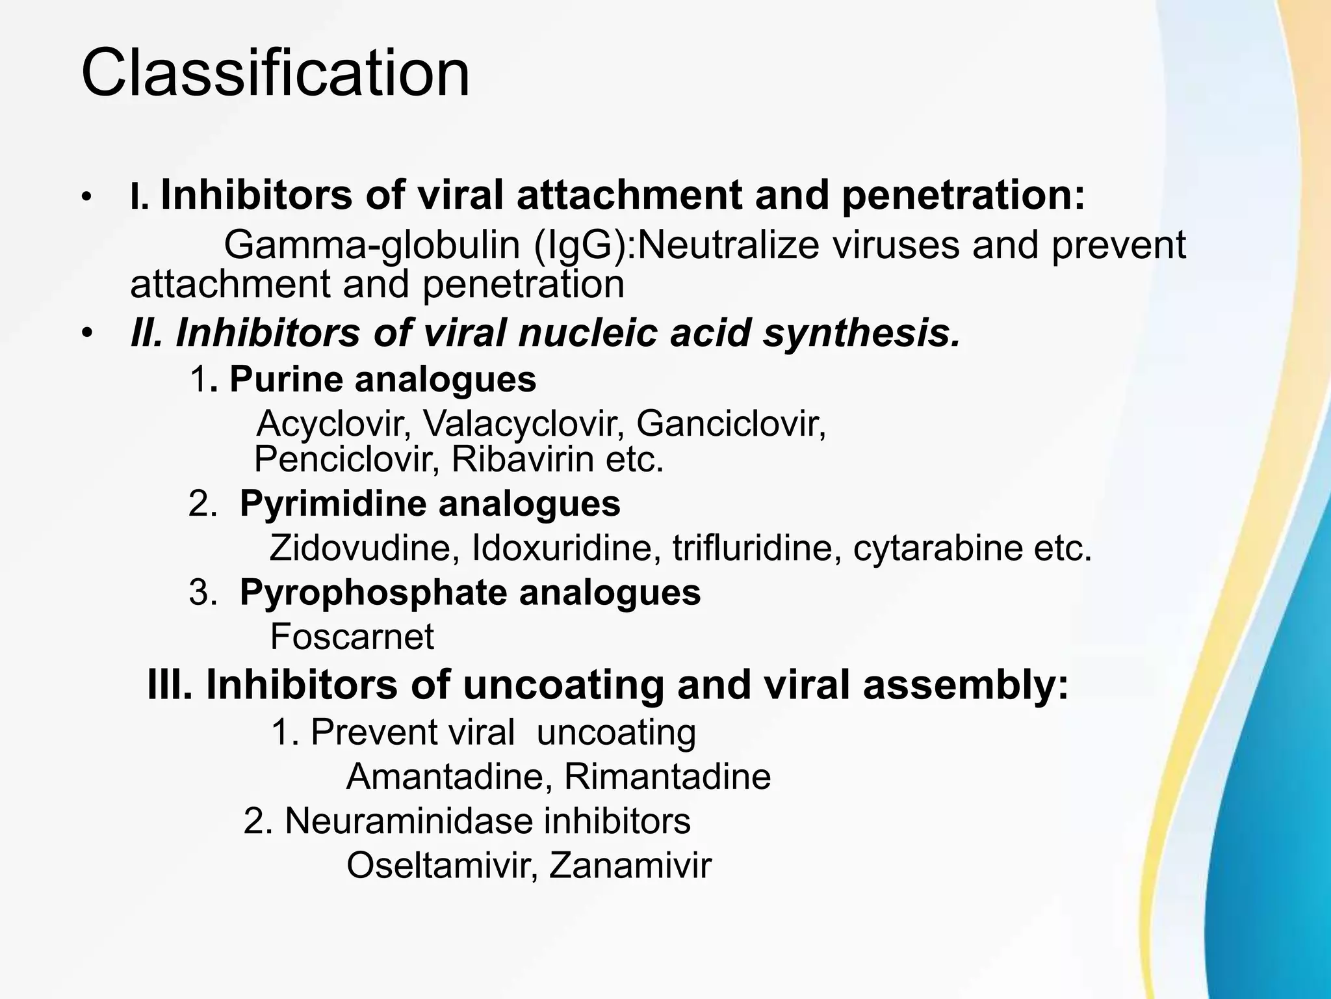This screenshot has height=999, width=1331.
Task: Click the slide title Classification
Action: (x=275, y=73)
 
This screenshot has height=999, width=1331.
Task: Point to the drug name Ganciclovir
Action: (x=730, y=425)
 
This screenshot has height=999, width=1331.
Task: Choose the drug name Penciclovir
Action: (x=342, y=460)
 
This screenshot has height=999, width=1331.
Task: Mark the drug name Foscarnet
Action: (x=352, y=636)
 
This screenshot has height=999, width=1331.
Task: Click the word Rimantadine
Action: (x=667, y=777)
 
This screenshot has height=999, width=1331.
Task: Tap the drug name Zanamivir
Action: (x=630, y=866)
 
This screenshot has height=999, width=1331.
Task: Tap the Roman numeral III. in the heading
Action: (x=170, y=685)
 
